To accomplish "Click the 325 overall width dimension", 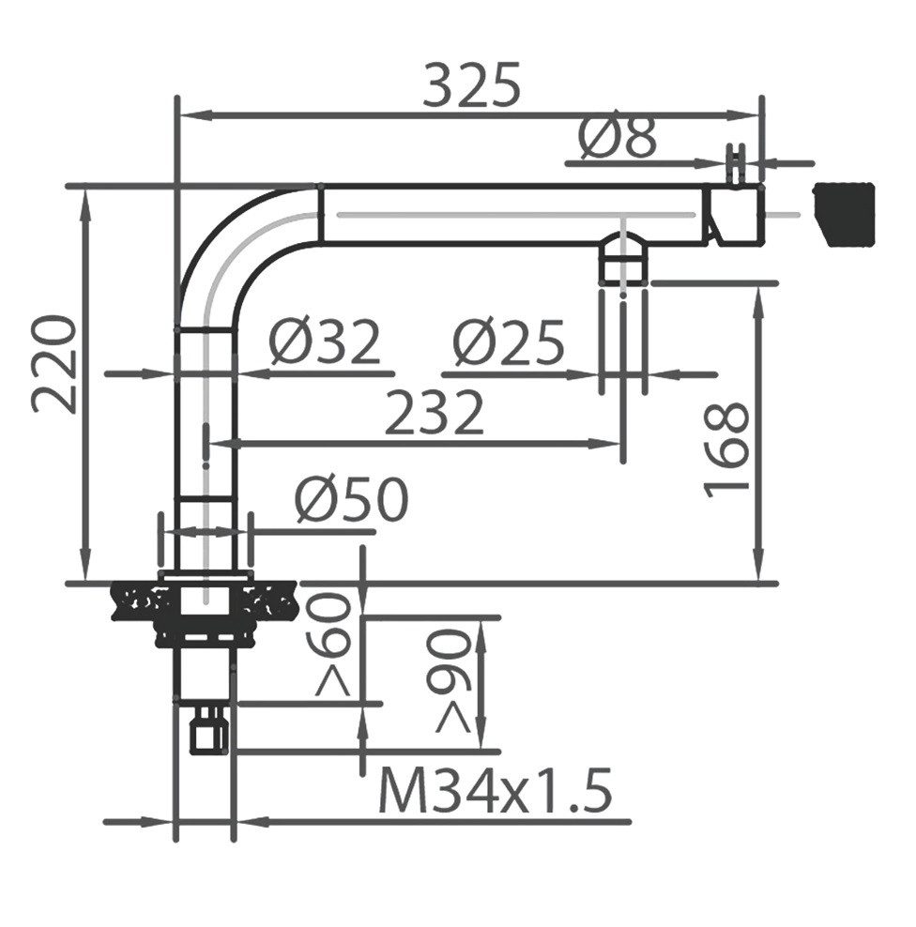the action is (472, 84).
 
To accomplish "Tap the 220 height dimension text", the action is (54, 364).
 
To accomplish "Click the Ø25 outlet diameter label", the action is (508, 342).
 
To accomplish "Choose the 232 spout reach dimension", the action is (435, 412).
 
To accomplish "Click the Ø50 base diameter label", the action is (352, 499).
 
